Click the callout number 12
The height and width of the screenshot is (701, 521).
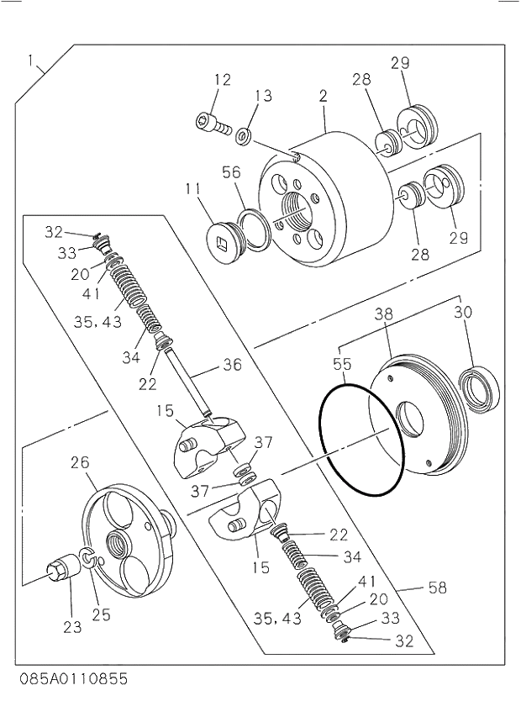[x=222, y=80]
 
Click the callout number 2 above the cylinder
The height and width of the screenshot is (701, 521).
[x=322, y=97]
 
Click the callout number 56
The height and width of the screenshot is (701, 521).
[x=231, y=172]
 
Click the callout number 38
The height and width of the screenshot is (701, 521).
[x=383, y=314]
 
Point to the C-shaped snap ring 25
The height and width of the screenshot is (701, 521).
[x=88, y=558]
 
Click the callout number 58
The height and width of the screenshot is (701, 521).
[x=437, y=588]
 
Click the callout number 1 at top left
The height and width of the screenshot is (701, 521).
[x=32, y=60]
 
